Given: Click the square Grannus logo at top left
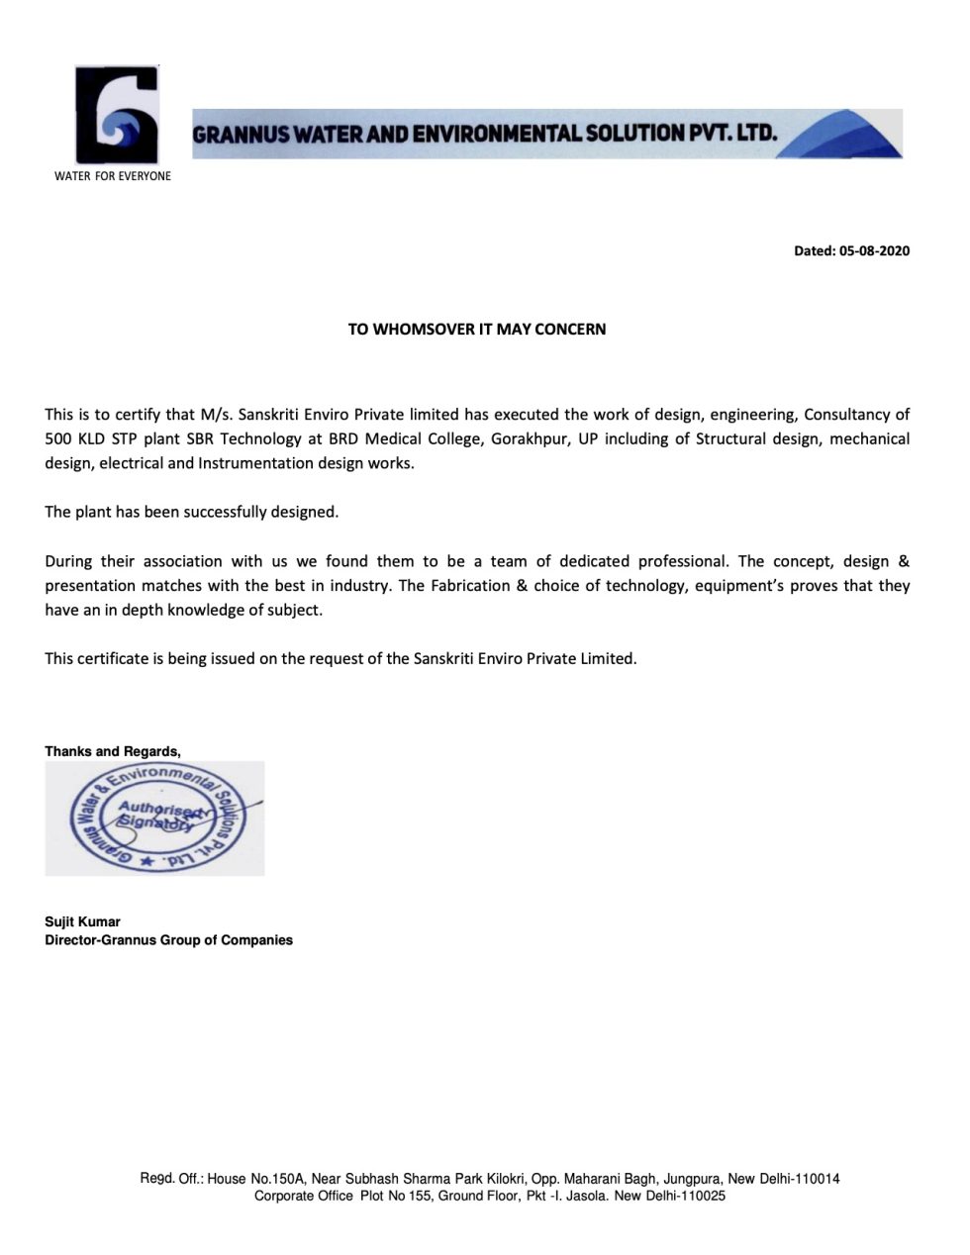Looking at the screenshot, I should tap(117, 115).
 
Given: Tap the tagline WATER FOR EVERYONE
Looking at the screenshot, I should tap(112, 176).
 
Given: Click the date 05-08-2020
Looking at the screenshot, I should tap(874, 251).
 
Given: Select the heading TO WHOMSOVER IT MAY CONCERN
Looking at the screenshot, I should tap(476, 329).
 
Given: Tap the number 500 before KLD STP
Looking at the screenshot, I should tap(58, 438).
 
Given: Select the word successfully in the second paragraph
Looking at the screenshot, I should tap(224, 512).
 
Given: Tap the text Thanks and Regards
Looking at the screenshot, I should tap(113, 751).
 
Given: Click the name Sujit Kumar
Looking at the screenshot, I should tap(82, 921).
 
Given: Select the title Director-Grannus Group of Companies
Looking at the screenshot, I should tap(168, 939).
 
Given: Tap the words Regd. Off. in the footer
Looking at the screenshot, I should tap(171, 1179).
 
